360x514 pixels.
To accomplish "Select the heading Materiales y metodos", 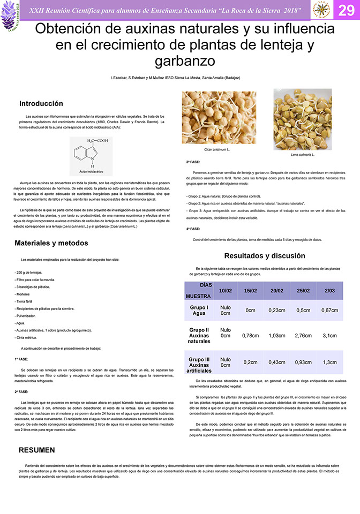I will click(x=51, y=243).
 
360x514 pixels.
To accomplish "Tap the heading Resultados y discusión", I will click(x=264, y=255).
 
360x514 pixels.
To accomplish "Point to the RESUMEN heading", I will click(x=37, y=449).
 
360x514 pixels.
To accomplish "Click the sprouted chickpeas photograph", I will click(x=219, y=117).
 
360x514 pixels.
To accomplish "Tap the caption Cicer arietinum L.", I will click(x=217, y=149).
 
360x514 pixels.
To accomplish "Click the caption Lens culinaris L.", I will click(x=303, y=154).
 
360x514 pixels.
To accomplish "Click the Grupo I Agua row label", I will click(x=199, y=310).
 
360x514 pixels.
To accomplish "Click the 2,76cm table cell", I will click(x=303, y=336).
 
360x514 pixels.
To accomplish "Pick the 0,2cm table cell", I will click(x=250, y=362).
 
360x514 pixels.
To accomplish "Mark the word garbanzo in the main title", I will click(x=184, y=60).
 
